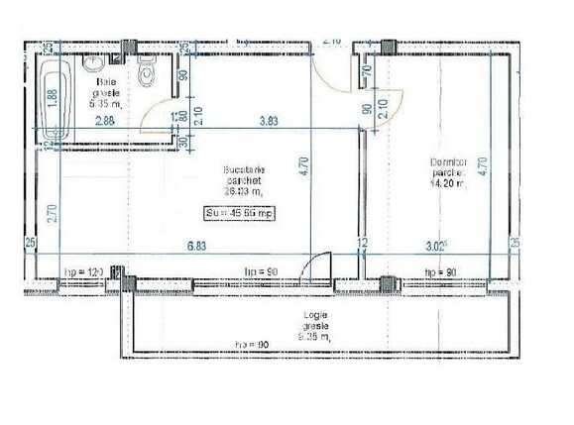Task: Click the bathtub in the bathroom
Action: (56, 98)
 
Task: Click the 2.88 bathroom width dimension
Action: (106, 121)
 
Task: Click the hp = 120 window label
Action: (84, 269)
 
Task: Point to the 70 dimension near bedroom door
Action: (366, 69)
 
